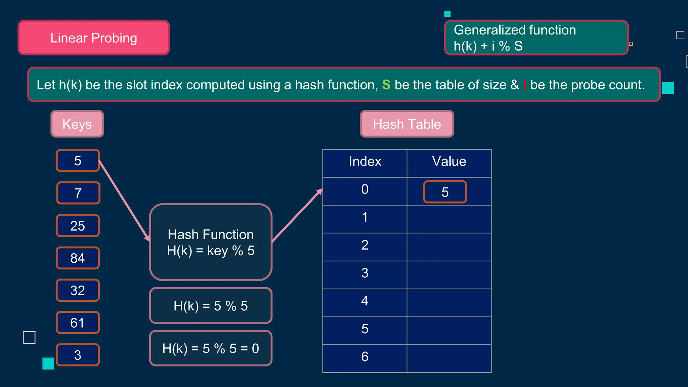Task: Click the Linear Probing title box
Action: (x=94, y=38)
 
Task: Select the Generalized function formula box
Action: (x=536, y=38)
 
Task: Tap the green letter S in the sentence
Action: (x=386, y=85)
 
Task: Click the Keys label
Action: (x=77, y=124)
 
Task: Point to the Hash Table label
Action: (x=407, y=124)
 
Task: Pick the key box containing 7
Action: (x=78, y=193)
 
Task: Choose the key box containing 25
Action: (x=78, y=225)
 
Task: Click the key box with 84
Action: (x=78, y=258)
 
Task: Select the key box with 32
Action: (x=78, y=290)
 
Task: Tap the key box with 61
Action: (x=78, y=322)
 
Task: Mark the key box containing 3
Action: (x=78, y=355)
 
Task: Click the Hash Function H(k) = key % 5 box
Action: (x=211, y=242)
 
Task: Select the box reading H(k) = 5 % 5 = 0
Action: (x=211, y=348)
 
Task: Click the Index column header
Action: (x=365, y=162)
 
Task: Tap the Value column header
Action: (x=449, y=162)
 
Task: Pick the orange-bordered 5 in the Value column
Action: (x=445, y=192)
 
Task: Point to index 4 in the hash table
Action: (x=365, y=301)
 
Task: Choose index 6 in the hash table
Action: (x=365, y=357)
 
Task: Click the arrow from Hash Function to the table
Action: (x=297, y=215)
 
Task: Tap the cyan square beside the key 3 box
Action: (x=48, y=363)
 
